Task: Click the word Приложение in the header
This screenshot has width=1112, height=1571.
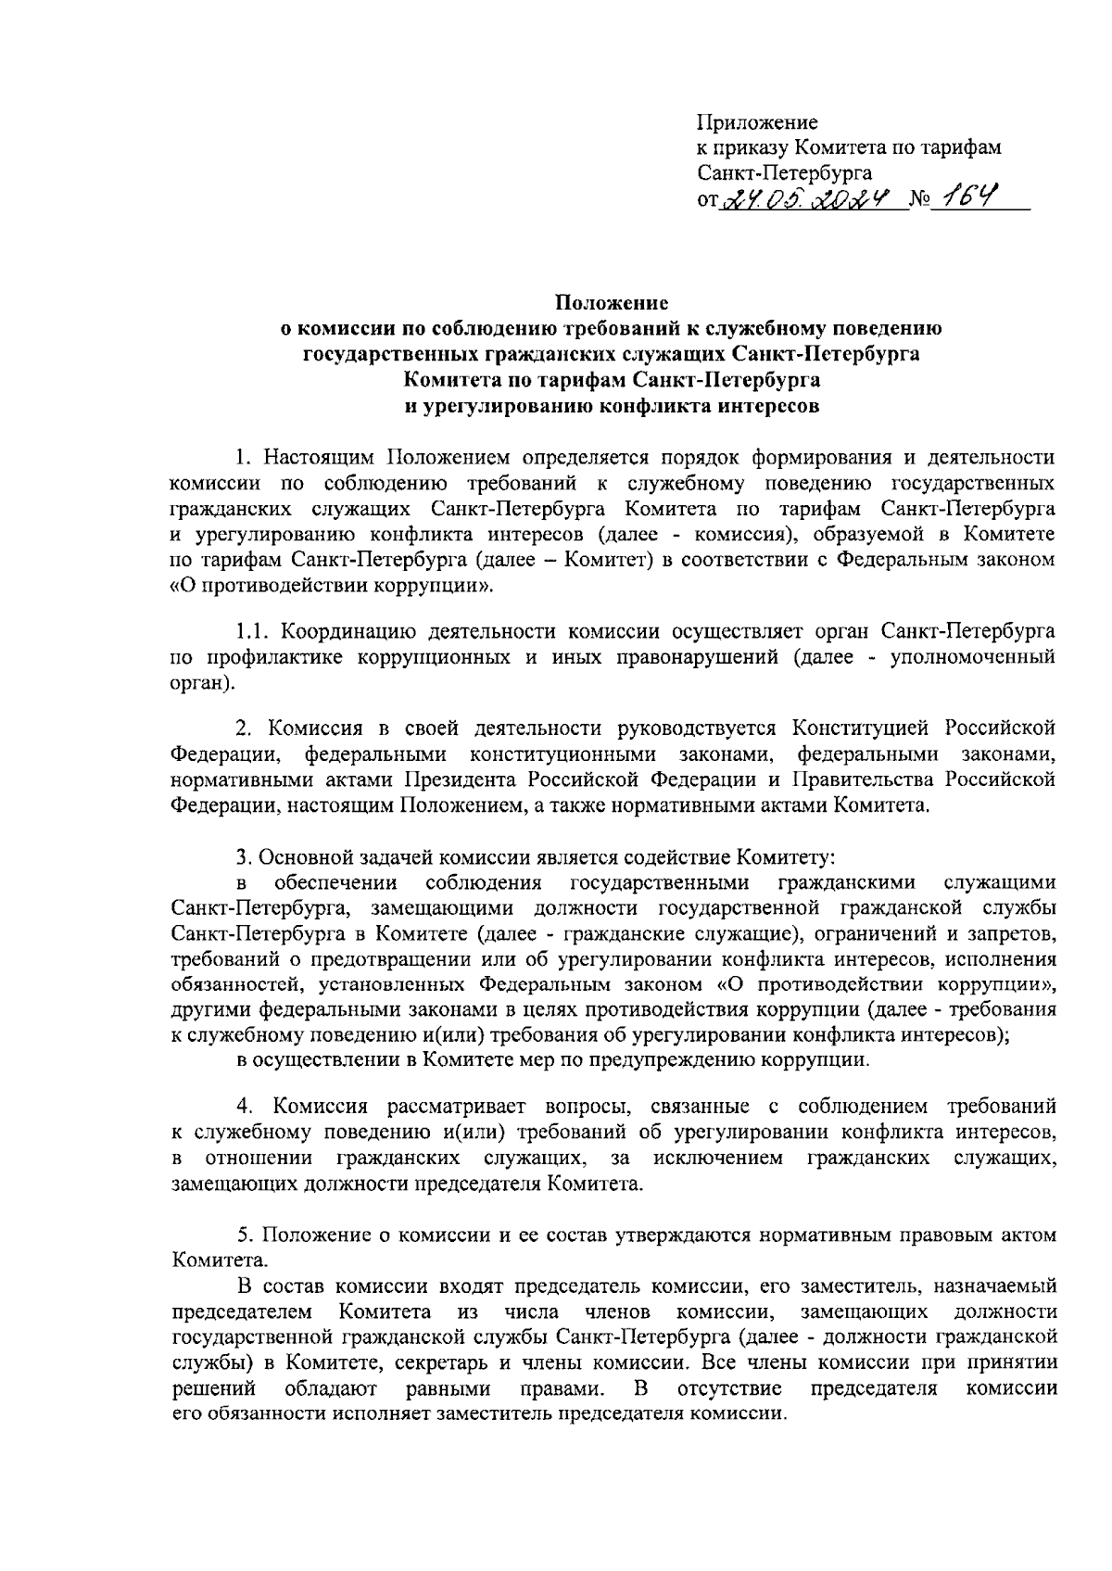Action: pyautogui.click(x=756, y=121)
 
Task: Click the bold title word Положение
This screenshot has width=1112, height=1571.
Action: pyautogui.click(x=612, y=302)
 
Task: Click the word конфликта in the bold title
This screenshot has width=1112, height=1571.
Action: pyautogui.click(x=661, y=405)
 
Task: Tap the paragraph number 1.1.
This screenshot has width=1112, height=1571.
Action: pyautogui.click(x=252, y=632)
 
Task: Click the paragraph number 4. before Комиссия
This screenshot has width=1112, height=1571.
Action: pyautogui.click(x=244, y=1107)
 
